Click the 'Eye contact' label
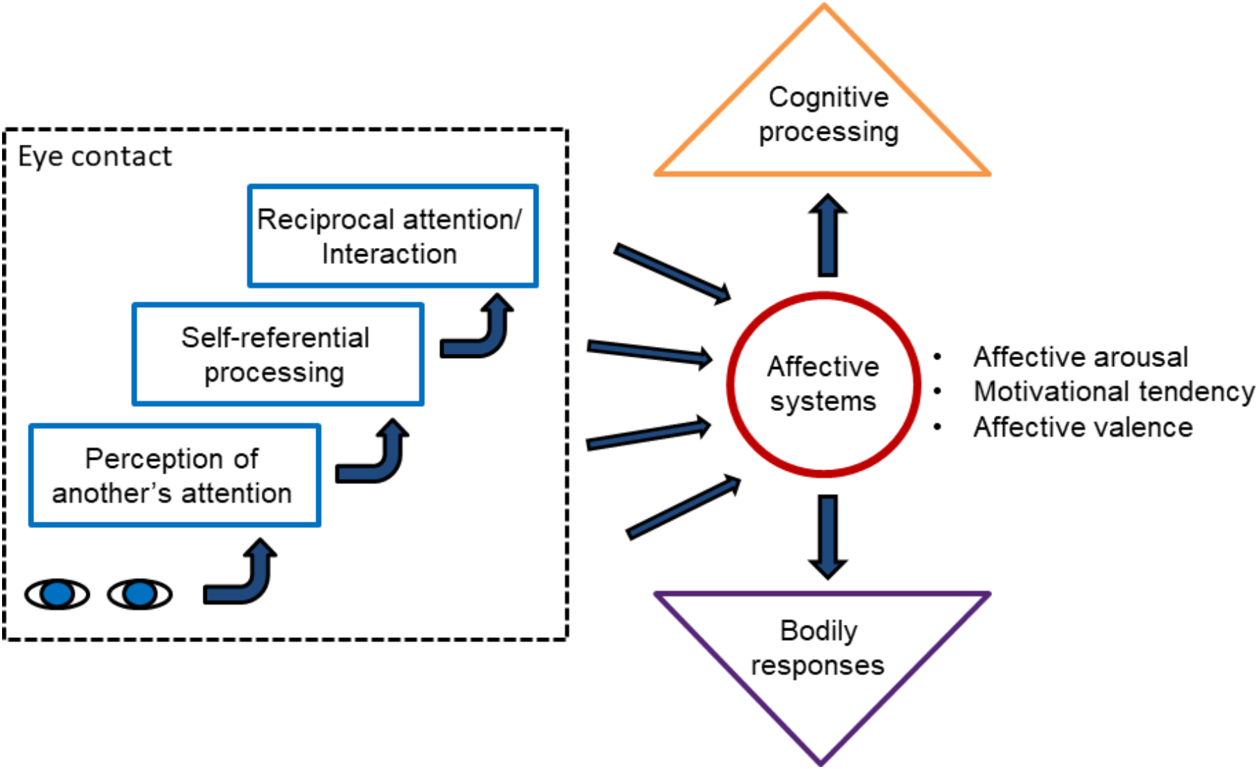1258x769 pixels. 94,157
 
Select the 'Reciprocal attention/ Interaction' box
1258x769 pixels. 392,235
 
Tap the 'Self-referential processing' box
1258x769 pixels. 277,354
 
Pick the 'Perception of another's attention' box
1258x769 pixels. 174,475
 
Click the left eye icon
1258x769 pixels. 57,594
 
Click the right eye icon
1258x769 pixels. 139,594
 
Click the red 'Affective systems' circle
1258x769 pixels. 823,384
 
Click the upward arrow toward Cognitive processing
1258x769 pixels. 828,235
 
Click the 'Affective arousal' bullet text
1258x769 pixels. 1080,357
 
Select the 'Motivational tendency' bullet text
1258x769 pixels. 1113,391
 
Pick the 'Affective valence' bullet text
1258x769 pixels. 1082,427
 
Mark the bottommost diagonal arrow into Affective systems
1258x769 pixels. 683,507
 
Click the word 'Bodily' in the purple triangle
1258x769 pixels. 818,630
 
